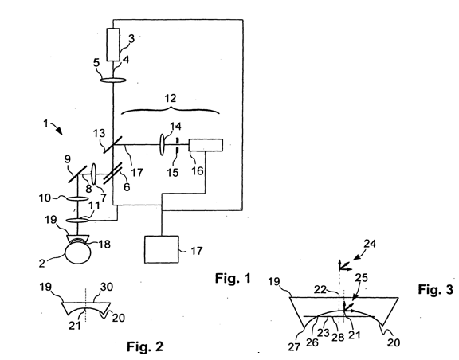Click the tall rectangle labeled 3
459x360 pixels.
[113, 45]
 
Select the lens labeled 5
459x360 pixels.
[113, 80]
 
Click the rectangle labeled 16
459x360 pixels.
[206, 145]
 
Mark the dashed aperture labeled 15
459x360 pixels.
[177, 145]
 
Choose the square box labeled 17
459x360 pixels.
[162, 249]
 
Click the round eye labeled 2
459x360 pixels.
[78, 252]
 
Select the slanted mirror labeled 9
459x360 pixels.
[77, 174]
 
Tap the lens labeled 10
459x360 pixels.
[77, 199]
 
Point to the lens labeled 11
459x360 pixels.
[77, 221]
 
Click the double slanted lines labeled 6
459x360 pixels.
[112, 175]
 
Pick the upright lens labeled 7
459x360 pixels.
[94, 174]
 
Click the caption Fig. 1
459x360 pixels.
[233, 278]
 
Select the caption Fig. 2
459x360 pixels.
[144, 346]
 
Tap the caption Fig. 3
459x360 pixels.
[436, 289]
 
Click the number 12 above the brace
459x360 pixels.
[171, 98]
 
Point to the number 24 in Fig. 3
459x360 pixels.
[370, 244]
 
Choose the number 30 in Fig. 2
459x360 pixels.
[107, 287]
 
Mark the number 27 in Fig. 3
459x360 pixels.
[294, 346]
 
